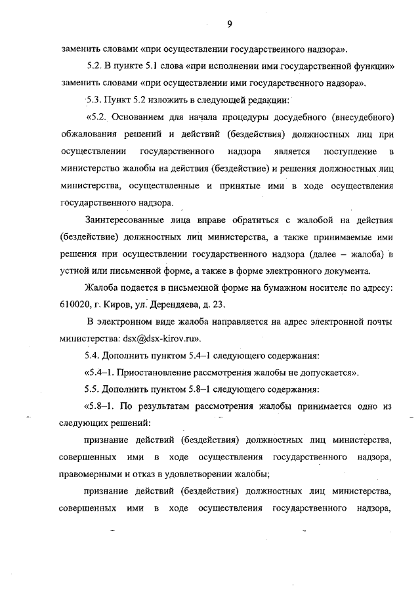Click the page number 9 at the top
click(230, 25)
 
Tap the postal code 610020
click(75, 305)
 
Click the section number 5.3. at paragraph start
click(95, 100)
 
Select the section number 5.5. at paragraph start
click(95, 391)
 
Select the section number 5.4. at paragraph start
click(95, 356)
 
